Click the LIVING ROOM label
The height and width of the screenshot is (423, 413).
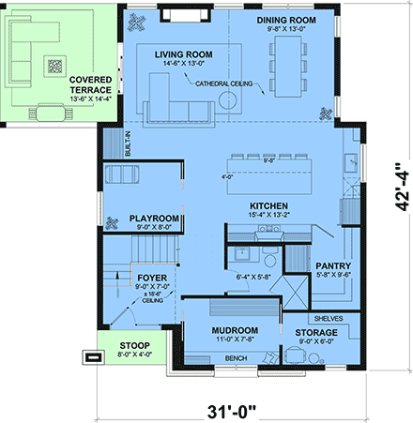pos(183,55)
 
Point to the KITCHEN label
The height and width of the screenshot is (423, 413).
pos(242,206)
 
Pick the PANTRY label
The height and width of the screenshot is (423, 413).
pos(333,265)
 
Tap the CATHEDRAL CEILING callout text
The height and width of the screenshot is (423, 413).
pos(228,85)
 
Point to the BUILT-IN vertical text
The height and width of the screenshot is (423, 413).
pos(129,144)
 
